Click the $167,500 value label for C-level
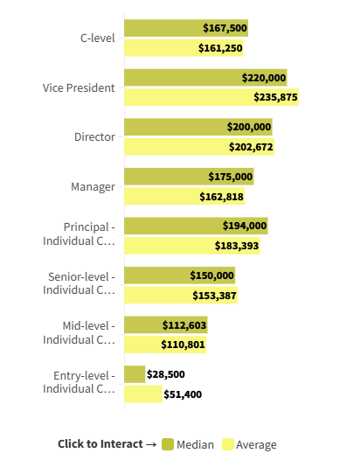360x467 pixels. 225,28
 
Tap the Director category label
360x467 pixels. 94,137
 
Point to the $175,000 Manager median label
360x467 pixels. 231,177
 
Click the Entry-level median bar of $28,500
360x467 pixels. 135,374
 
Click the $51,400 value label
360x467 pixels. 183,394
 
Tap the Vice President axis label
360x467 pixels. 79,87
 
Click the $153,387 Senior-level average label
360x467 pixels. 214,296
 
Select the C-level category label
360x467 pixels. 97,38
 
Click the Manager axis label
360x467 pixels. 93,186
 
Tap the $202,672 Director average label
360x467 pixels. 251,147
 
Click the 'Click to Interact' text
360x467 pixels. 100,444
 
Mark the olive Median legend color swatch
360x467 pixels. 168,444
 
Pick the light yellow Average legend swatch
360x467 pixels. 228,444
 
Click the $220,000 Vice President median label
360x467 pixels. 264,78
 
